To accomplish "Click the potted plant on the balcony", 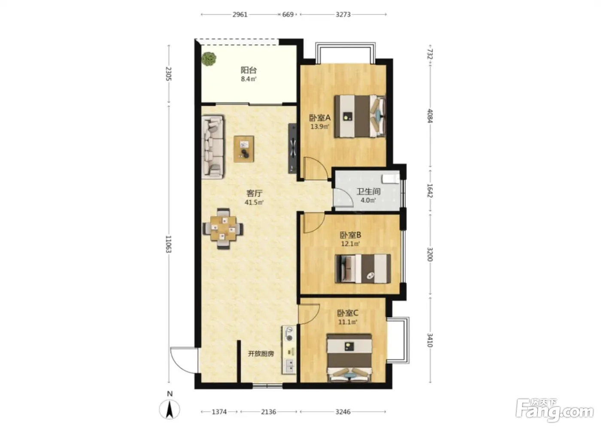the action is (x=209, y=59).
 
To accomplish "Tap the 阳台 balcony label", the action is (x=249, y=70).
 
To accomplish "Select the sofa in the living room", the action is (x=212, y=147).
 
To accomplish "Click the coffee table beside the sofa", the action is (x=244, y=149).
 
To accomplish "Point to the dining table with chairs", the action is (x=223, y=229).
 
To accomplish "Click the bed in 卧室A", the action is (x=360, y=116).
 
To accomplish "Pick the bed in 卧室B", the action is (x=363, y=269).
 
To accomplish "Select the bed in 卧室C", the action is (x=349, y=358).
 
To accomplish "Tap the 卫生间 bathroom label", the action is (x=368, y=192).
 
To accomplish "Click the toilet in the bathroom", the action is (x=391, y=179).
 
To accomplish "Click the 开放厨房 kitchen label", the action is (x=261, y=354).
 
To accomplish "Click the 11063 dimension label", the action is (x=168, y=244).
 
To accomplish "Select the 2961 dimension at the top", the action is (x=240, y=15).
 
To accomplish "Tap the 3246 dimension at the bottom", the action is (x=343, y=412).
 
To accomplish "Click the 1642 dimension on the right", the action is (x=430, y=190).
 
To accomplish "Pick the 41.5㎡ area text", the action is (x=254, y=202).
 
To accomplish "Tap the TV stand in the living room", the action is (x=292, y=148).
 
